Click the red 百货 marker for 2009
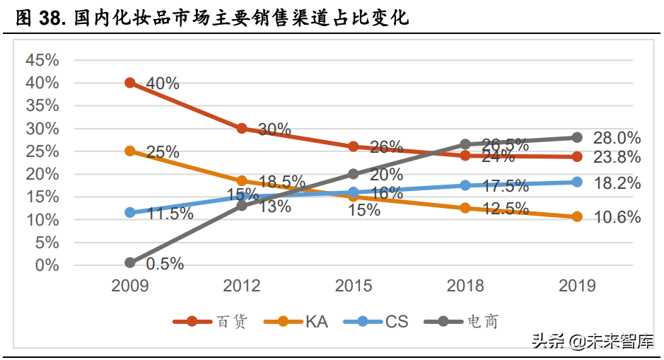130,83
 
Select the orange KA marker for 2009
130,151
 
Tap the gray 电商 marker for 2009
130,262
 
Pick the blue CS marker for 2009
130,212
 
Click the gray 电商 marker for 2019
577,137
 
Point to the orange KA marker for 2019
577,216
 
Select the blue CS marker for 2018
465,185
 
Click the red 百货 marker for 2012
242,128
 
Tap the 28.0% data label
617,138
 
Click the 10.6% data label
617,217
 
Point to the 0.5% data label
164,264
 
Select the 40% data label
162,83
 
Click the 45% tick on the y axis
42,60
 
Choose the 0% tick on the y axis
47,265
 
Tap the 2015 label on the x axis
354,286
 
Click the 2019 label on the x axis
577,286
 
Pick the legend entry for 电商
463,322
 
